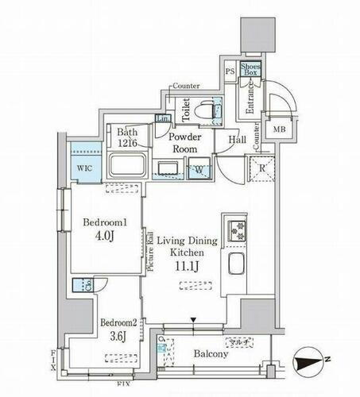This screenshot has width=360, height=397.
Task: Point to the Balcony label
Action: (x=210, y=354)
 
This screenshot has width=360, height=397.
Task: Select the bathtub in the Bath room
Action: (x=126, y=166)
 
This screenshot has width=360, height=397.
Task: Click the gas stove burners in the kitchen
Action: (x=237, y=230)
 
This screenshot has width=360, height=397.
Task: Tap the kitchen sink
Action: (x=237, y=264)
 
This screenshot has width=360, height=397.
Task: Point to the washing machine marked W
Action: (x=199, y=168)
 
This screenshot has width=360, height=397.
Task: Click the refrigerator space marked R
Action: (x=261, y=168)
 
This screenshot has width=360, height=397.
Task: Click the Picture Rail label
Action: (x=150, y=251)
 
